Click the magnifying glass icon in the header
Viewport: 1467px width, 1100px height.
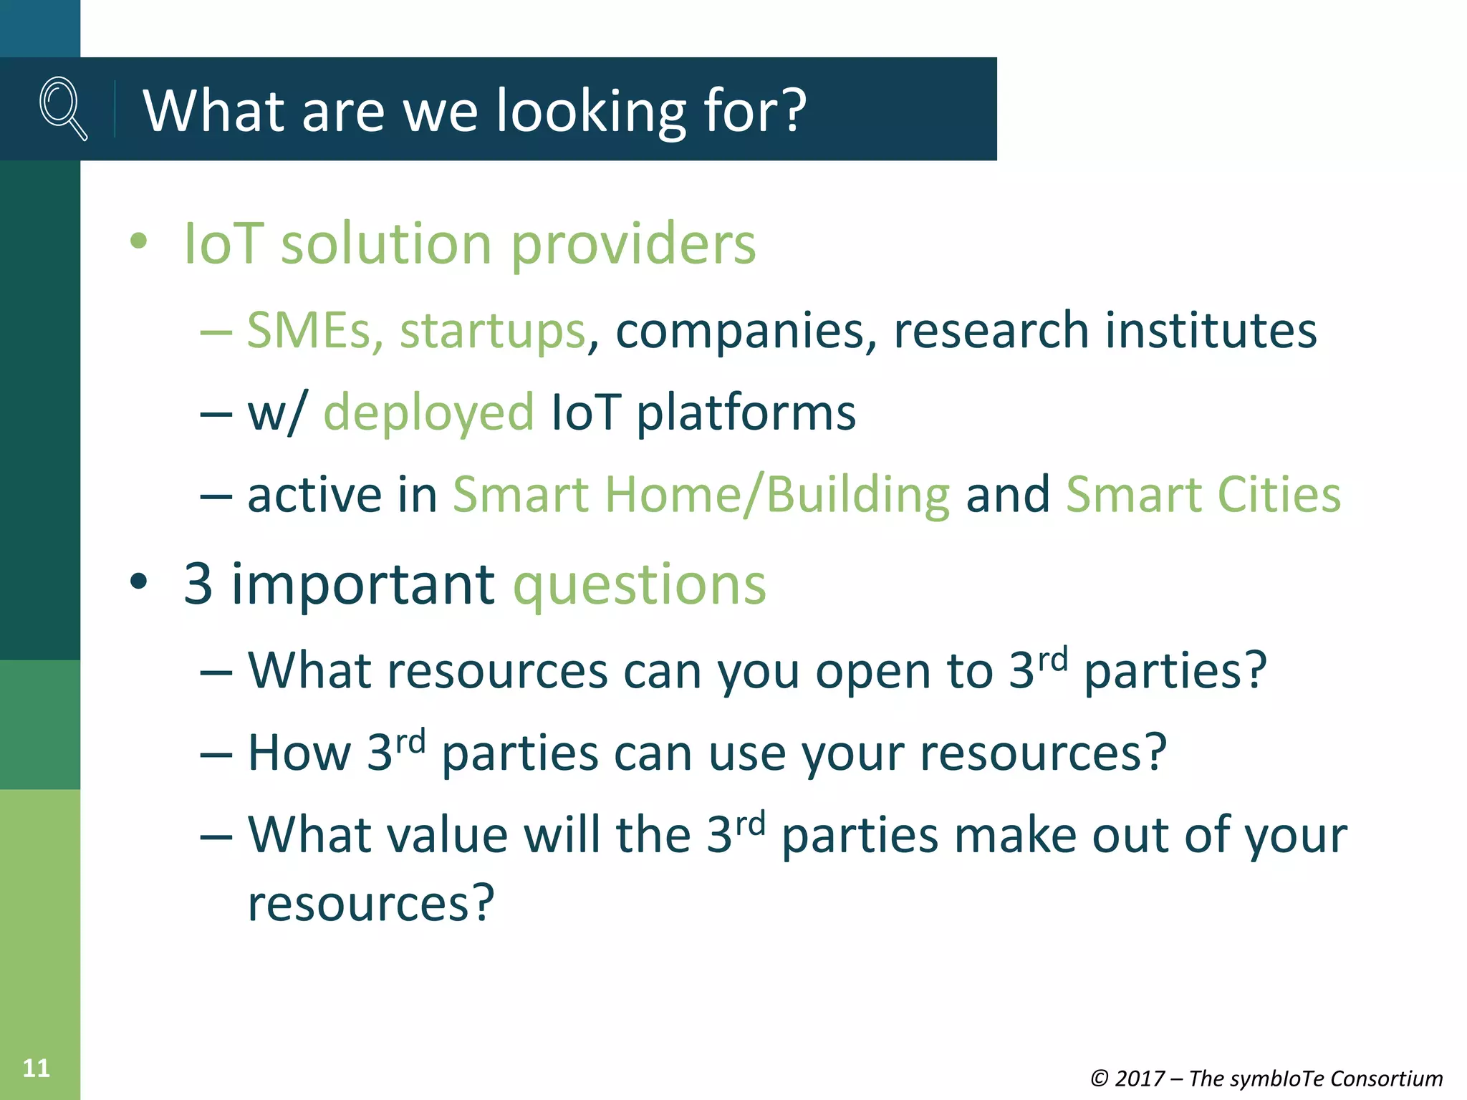[x=63, y=108]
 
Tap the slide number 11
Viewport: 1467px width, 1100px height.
[x=36, y=1068]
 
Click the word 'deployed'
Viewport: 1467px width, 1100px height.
[x=428, y=414]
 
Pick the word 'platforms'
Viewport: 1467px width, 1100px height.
[x=746, y=414]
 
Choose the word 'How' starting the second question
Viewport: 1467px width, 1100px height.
[x=299, y=753]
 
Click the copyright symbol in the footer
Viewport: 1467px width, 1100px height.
[x=1099, y=1079]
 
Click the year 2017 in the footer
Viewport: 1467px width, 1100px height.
[x=1140, y=1079]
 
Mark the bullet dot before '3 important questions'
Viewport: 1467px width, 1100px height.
[x=138, y=582]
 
